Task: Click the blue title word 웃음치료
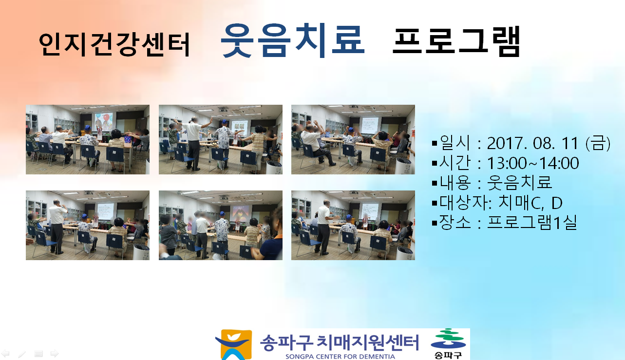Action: [293, 40]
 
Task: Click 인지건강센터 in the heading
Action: [114, 44]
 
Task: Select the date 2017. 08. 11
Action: [532, 143]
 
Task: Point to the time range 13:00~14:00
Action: [533, 163]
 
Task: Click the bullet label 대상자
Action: [463, 203]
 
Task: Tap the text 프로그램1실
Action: [532, 223]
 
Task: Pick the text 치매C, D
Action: [530, 203]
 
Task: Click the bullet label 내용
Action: [455, 183]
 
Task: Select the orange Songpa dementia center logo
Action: [234, 344]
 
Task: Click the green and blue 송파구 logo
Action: [448, 344]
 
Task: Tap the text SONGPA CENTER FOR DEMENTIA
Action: [340, 357]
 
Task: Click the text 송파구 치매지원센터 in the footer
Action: [339, 342]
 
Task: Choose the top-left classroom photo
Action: [88, 139]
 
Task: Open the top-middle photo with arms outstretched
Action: [220, 139]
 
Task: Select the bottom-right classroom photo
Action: [353, 225]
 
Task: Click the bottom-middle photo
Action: [220, 225]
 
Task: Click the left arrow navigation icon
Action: [5, 354]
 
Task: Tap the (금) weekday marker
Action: [598, 143]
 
